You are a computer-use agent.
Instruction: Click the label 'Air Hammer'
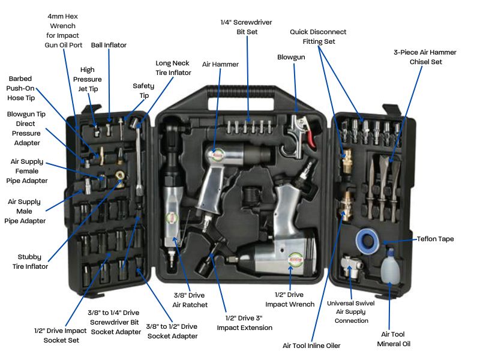[x=220, y=64]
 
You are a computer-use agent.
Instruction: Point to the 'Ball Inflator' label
[x=109, y=45]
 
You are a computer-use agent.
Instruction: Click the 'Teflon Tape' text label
[x=436, y=239]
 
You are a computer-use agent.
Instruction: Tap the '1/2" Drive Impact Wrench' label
[x=290, y=299]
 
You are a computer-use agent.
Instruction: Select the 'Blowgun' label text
[x=291, y=57]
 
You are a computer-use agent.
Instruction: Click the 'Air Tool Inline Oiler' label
[x=312, y=346]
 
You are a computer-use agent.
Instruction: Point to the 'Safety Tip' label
[x=143, y=91]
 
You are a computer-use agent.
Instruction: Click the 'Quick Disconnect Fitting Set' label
[x=318, y=37]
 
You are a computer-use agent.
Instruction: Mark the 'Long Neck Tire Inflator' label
[x=173, y=67]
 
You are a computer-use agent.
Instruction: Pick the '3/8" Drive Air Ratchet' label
[x=190, y=300]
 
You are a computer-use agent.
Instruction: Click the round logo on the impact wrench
[x=295, y=260]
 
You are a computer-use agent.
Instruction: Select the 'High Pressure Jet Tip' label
[x=88, y=79]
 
